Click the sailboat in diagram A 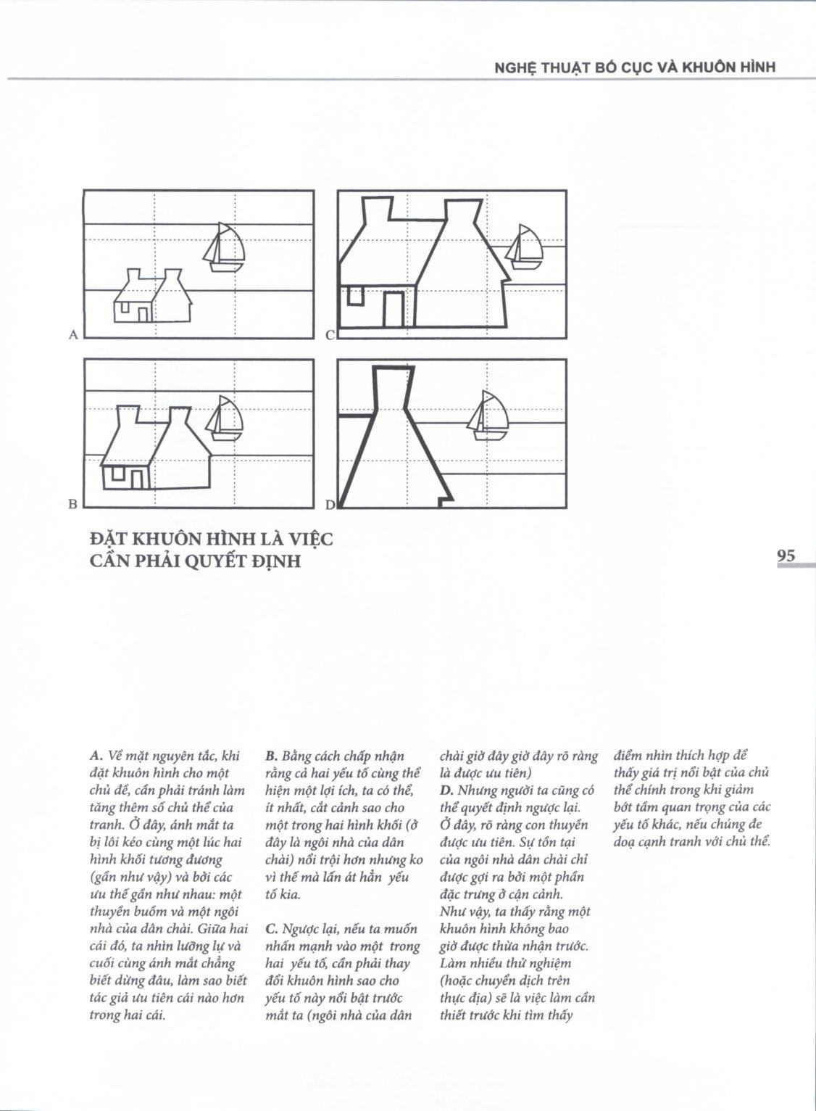(225, 247)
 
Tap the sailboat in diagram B (225, 418)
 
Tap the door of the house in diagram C (394, 308)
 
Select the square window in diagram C (354, 296)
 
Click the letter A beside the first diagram (72, 334)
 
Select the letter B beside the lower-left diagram (72, 503)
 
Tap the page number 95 (786, 556)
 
